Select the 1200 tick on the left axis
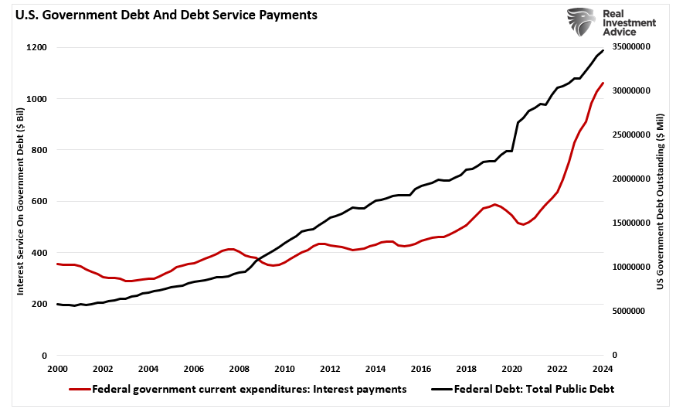tap(36, 48)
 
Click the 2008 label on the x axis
tap(239, 369)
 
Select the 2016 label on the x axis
tap(421, 369)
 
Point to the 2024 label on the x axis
tap(603, 369)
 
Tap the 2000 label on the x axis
tap(57, 369)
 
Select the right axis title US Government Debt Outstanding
tap(661, 201)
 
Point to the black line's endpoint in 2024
tap(603, 50)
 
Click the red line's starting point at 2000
tap(57, 264)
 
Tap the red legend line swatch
tap(79, 389)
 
